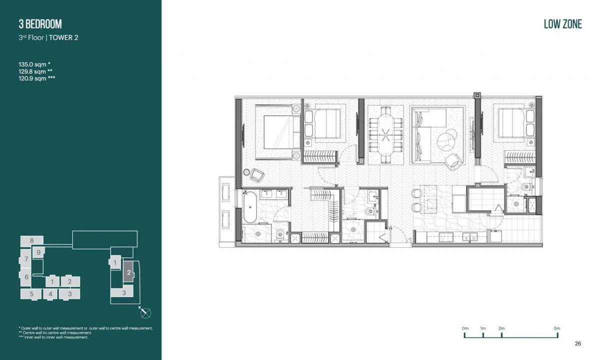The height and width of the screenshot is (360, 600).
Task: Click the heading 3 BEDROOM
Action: (40, 24)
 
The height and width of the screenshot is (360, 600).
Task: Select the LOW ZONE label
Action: (562, 24)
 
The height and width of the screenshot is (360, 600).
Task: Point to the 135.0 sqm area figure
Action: (34, 64)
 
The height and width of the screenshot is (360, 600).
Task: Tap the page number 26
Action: (578, 343)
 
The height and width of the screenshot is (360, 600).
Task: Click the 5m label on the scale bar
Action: (557, 328)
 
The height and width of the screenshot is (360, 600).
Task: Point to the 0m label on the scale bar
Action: (465, 328)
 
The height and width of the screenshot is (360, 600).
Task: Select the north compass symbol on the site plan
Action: (146, 313)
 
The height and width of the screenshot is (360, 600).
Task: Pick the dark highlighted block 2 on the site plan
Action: (128, 272)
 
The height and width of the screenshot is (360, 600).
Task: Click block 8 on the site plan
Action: (31, 240)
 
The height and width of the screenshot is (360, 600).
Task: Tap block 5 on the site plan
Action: (31, 294)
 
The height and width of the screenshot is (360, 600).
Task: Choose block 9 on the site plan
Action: (38, 252)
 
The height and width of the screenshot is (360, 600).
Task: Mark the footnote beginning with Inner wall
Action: (55, 337)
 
